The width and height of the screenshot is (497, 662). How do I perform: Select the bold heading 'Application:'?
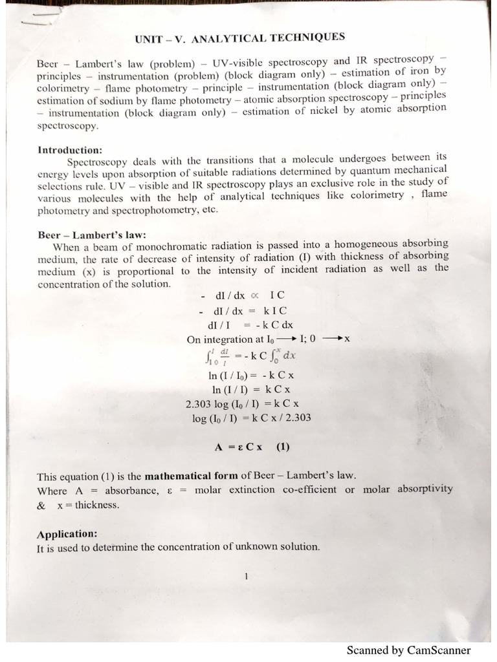(67, 534)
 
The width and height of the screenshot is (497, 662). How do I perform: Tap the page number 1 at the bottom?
(247, 577)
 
